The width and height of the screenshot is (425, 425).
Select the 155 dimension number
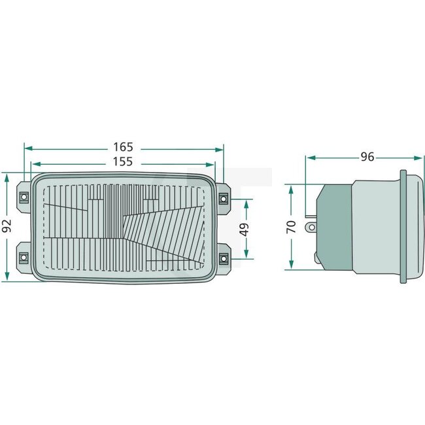pyautogui.click(x=123, y=161)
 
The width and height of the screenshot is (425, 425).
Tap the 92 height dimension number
pyautogui.click(x=7, y=227)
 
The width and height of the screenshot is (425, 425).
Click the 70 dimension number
pyautogui.click(x=292, y=227)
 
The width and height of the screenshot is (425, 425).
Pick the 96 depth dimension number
pyautogui.click(x=367, y=157)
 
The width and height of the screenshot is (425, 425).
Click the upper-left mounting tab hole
pyautogui.click(x=24, y=197)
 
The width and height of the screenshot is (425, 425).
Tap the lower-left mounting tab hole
pyautogui.click(x=24, y=257)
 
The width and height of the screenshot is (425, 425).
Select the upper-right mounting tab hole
pyautogui.click(x=223, y=197)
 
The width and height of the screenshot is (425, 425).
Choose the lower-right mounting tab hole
pyautogui.click(x=223, y=257)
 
